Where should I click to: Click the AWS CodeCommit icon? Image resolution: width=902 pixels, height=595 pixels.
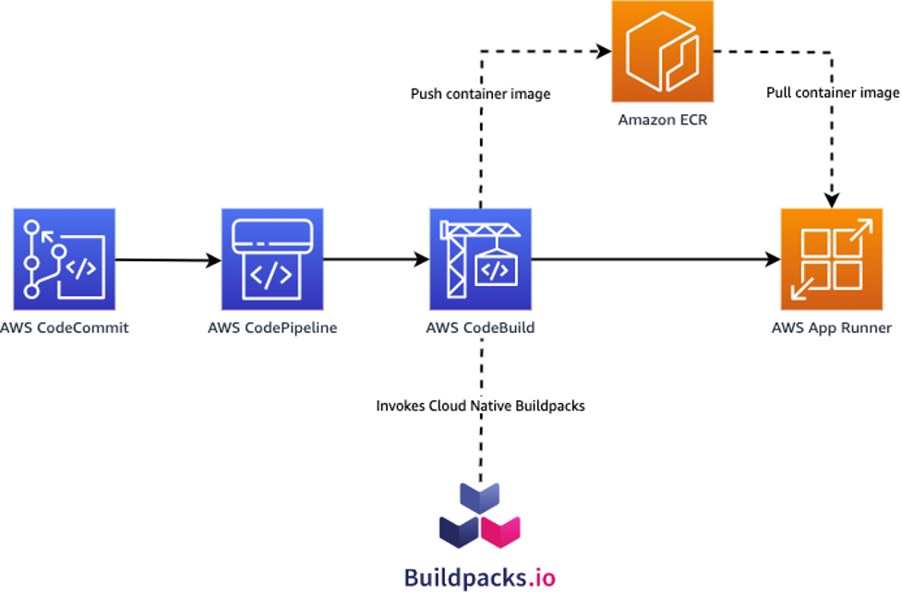pyautogui.click(x=65, y=259)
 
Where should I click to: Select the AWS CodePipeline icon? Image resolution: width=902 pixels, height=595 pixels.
pyautogui.click(x=272, y=259)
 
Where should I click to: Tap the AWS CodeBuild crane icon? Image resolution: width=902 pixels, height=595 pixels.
pyautogui.click(x=480, y=259)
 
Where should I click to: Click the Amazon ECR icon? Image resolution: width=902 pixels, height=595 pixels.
pyautogui.click(x=663, y=51)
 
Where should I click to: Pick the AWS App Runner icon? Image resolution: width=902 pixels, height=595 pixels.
pyautogui.click(x=832, y=259)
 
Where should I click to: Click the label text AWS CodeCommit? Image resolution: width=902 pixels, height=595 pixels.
pyautogui.click(x=65, y=327)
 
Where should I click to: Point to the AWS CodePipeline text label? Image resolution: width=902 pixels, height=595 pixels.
pyautogui.click(x=272, y=327)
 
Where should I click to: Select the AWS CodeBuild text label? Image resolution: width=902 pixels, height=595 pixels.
pyautogui.click(x=480, y=327)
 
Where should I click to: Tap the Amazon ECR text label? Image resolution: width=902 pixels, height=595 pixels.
pyautogui.click(x=663, y=120)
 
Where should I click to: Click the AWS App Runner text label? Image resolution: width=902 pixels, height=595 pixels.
pyautogui.click(x=832, y=327)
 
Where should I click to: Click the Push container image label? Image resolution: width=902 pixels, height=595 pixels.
pyautogui.click(x=480, y=94)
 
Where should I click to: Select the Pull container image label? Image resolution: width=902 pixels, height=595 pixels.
pyautogui.click(x=833, y=92)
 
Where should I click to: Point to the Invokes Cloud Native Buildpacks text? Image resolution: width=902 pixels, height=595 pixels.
pyautogui.click(x=480, y=406)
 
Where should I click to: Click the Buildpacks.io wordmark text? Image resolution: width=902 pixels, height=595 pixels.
pyautogui.click(x=480, y=577)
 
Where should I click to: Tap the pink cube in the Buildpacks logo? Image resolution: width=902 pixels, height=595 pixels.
pyautogui.click(x=500, y=531)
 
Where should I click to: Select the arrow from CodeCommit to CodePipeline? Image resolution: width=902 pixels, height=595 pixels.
pyautogui.click(x=169, y=260)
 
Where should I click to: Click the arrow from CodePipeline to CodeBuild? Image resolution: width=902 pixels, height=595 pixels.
pyautogui.click(x=376, y=260)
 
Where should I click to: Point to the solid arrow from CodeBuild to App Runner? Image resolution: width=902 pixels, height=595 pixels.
pyautogui.click(x=655, y=259)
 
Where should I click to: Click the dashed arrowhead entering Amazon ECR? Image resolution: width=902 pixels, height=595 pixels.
pyautogui.click(x=604, y=51)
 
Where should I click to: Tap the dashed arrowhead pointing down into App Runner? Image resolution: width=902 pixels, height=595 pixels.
pyautogui.click(x=832, y=200)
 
